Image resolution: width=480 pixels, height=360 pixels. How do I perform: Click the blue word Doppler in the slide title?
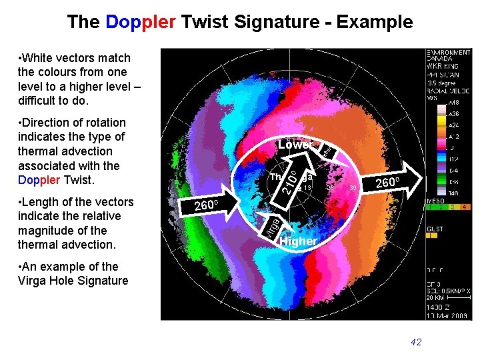click(141, 22)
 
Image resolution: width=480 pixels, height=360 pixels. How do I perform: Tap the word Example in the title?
click(375, 22)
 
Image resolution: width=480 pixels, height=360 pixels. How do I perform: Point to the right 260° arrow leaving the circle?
click(391, 183)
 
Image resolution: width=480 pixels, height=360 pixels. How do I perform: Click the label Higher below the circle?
click(298, 241)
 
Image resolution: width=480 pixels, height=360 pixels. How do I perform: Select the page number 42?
click(416, 342)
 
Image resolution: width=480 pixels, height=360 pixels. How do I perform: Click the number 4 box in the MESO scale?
click(464, 207)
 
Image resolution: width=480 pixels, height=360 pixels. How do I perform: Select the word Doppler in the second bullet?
click(39, 180)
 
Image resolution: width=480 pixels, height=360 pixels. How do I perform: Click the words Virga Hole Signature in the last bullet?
click(73, 281)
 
